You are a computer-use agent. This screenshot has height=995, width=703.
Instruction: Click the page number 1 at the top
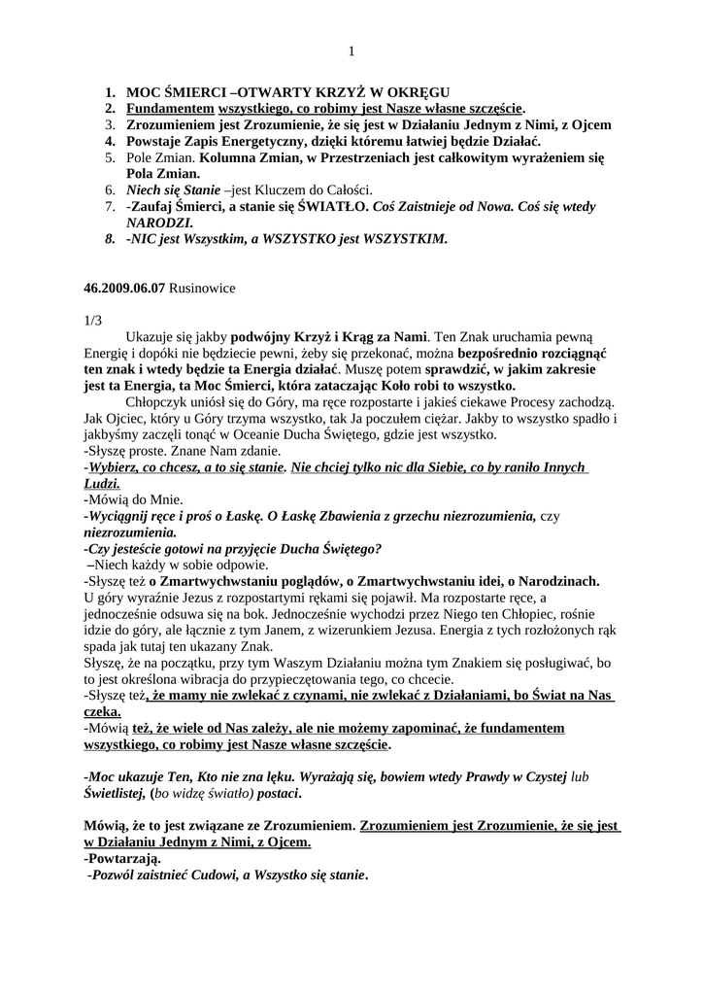click(351, 51)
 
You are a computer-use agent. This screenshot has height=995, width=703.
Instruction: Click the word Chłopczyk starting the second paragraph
click(160, 402)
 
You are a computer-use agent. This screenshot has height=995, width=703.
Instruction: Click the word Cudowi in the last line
click(212, 875)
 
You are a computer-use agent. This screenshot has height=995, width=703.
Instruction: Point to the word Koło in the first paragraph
click(421, 386)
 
